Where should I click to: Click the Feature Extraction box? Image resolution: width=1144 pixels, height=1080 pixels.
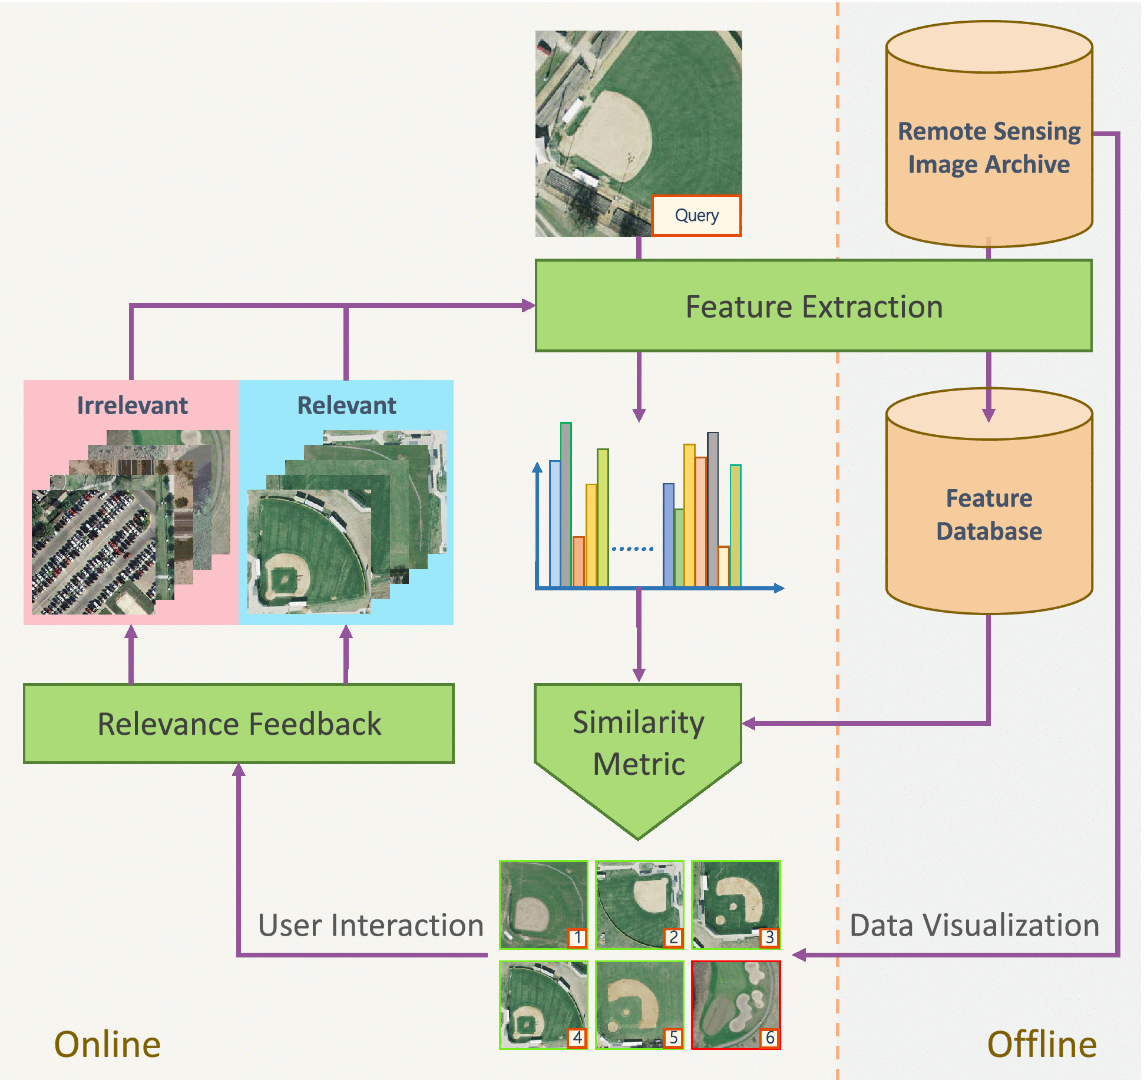click(x=813, y=306)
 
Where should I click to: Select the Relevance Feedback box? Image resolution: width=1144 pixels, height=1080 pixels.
click(x=239, y=724)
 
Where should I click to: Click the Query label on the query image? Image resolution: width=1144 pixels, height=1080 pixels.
click(x=696, y=216)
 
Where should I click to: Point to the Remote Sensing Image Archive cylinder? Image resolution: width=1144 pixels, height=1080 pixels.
click(x=988, y=147)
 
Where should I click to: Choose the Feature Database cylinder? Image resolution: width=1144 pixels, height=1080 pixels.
click(x=988, y=513)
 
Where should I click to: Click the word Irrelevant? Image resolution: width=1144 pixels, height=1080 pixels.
click(x=132, y=405)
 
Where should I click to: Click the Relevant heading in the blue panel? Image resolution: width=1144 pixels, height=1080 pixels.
click(x=346, y=405)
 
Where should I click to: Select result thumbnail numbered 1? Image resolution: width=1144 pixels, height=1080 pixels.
click(x=543, y=904)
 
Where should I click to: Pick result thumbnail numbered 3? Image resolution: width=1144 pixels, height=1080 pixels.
click(x=735, y=904)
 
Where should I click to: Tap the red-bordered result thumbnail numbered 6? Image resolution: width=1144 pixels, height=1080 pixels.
click(x=735, y=1005)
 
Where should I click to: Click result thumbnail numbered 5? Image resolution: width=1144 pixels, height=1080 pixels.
click(x=639, y=1005)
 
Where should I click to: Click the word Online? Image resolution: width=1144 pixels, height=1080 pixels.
click(x=107, y=1045)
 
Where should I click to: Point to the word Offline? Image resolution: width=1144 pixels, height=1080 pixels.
click(x=1041, y=1045)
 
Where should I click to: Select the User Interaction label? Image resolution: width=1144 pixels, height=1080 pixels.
click(x=371, y=925)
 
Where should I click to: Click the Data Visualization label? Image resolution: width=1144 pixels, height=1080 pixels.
click(x=974, y=925)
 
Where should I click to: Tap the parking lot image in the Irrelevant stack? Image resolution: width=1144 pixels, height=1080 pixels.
click(x=93, y=552)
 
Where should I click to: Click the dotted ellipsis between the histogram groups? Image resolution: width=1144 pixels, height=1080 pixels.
click(x=632, y=549)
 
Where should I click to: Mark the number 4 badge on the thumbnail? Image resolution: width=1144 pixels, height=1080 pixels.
click(x=577, y=1038)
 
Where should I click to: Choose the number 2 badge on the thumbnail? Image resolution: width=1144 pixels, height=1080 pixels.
click(x=673, y=937)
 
